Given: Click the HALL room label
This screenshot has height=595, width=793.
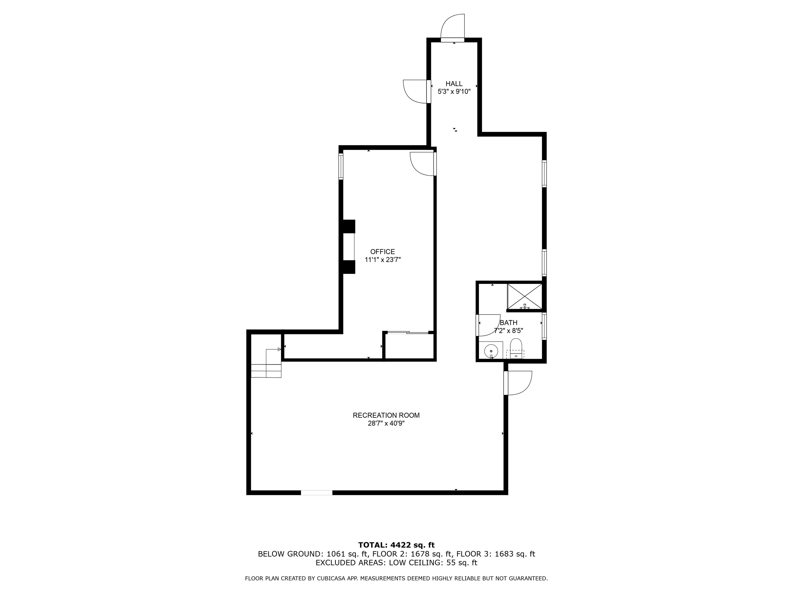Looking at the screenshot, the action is (454, 84).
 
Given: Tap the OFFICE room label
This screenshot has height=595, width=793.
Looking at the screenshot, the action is (383, 252).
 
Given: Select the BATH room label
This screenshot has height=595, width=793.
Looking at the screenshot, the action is (508, 323).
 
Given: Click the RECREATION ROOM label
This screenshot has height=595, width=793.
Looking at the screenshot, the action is (386, 415).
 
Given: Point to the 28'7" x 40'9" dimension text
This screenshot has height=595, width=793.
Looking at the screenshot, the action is (386, 423).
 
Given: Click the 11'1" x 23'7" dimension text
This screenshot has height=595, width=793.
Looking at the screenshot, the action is (383, 260).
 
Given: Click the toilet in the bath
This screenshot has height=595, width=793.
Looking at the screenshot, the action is (516, 348).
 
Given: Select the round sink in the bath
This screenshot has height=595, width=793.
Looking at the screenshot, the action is (491, 350).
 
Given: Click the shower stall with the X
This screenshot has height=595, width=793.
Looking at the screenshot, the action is (524, 296).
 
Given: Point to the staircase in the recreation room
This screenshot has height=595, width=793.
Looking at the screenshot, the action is (266, 363).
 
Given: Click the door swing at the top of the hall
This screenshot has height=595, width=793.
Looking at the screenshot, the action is (452, 26).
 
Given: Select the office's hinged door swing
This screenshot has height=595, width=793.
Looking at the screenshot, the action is (422, 164).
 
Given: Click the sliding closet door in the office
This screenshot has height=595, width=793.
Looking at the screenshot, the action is (408, 332).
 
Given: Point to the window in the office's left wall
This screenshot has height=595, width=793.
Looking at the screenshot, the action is (341, 166).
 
